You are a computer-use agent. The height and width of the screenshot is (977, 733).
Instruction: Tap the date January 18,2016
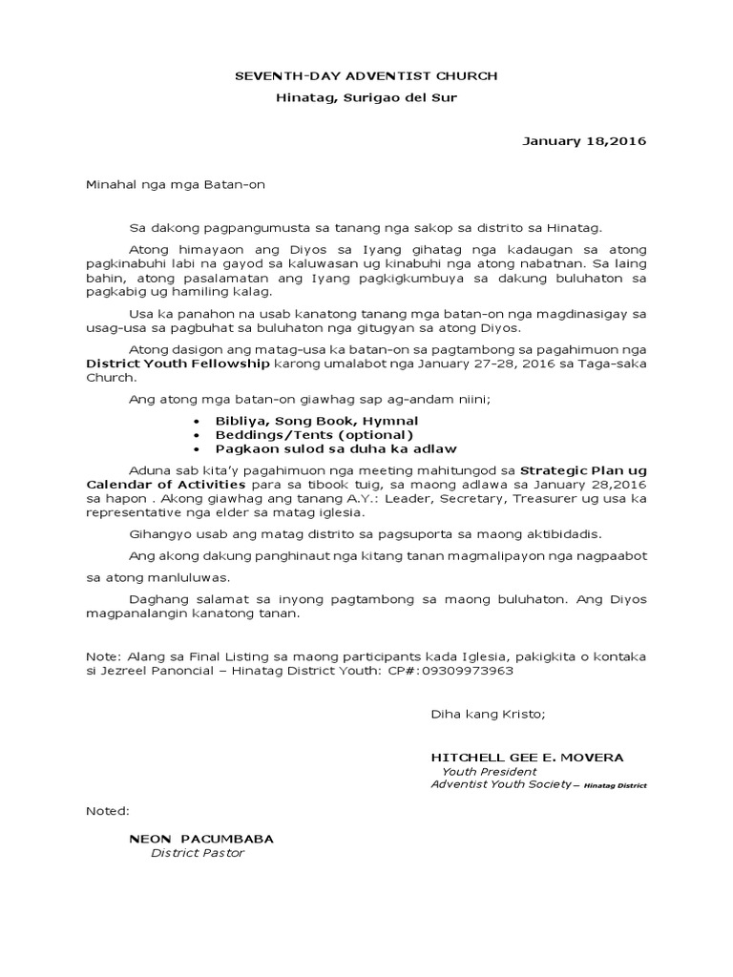pos(584,141)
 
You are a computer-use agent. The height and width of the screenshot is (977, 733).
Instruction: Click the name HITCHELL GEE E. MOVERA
pos(527,758)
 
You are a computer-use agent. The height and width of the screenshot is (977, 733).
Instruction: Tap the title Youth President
pos(489,772)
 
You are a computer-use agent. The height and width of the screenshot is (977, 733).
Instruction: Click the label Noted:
pos(107,811)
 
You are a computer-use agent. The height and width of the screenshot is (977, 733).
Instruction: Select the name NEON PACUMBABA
pos(201,839)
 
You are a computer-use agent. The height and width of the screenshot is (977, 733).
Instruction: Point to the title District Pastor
pos(198,853)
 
